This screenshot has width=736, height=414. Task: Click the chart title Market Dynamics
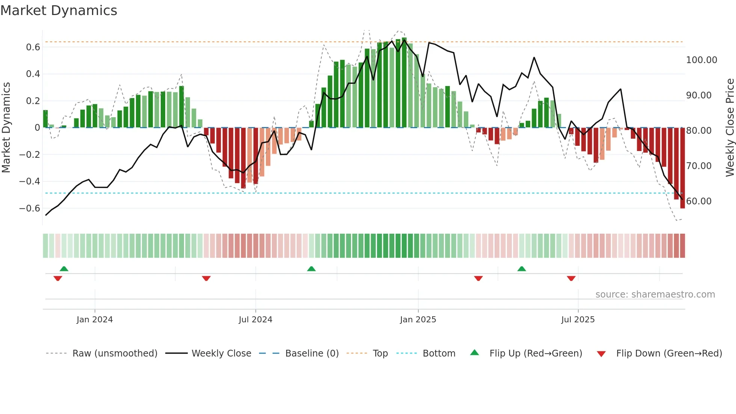(59, 11)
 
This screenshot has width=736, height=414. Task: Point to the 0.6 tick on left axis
(33, 47)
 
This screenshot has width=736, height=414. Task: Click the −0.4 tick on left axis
(30, 181)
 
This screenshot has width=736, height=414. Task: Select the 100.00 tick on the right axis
(701, 60)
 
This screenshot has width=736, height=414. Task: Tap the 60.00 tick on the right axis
(699, 201)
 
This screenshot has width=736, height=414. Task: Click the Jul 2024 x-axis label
(255, 320)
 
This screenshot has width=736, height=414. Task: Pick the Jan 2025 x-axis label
(418, 320)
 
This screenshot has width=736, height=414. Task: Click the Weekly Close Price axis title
(730, 127)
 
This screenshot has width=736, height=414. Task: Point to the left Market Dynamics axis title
(6, 127)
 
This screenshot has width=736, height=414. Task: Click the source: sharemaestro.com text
(655, 295)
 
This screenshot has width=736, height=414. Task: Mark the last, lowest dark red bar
(682, 169)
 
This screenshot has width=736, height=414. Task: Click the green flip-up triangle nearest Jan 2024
(64, 269)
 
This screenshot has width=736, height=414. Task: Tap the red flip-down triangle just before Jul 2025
(571, 278)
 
